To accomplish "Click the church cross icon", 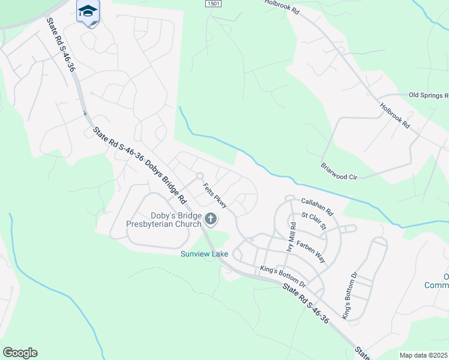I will pos(210,220).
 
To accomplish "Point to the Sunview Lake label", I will pos(205,254).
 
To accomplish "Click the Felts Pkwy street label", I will pos(214,196).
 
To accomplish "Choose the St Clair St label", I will pos(313,220).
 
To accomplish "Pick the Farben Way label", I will pos(310,252).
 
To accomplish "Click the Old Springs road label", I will pos(428,95).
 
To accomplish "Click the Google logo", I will pos(20,353).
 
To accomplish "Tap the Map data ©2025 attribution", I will pos(423,355).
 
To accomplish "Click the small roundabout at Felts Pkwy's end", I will pos(200,175).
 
